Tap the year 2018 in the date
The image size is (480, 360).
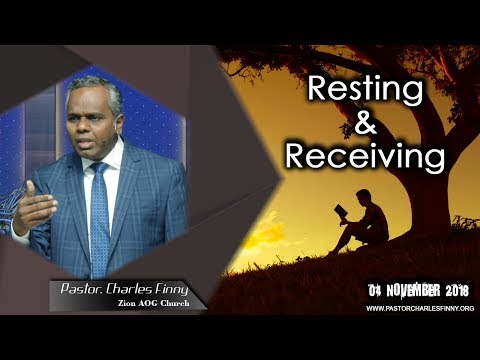pos(454,290)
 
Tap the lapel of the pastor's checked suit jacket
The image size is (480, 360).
pos(125,190)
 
